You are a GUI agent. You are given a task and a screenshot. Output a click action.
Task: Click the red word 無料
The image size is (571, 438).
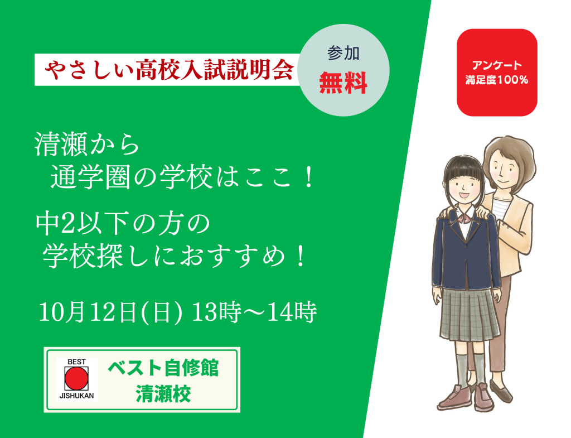[343, 84]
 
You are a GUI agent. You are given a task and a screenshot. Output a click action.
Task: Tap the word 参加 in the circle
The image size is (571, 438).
[343, 53]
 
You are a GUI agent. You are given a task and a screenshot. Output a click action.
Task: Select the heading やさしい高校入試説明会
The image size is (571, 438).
[169, 69]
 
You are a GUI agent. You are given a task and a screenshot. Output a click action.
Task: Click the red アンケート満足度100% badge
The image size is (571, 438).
[497, 73]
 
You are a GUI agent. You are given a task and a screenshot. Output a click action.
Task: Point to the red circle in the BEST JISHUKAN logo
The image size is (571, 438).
[76, 378]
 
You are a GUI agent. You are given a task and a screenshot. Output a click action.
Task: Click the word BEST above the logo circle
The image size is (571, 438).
[76, 362]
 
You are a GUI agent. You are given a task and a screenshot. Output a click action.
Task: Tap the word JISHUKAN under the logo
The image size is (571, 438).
[76, 396]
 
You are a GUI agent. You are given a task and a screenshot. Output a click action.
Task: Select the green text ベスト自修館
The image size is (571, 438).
[163, 368]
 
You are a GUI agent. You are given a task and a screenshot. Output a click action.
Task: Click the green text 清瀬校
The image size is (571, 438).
[163, 394]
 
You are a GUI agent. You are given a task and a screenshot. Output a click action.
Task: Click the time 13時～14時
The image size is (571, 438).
[254, 312]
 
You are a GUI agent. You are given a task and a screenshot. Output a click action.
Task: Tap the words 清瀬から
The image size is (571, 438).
[87, 145]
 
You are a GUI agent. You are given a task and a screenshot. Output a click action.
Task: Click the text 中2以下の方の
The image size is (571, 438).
[123, 223]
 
